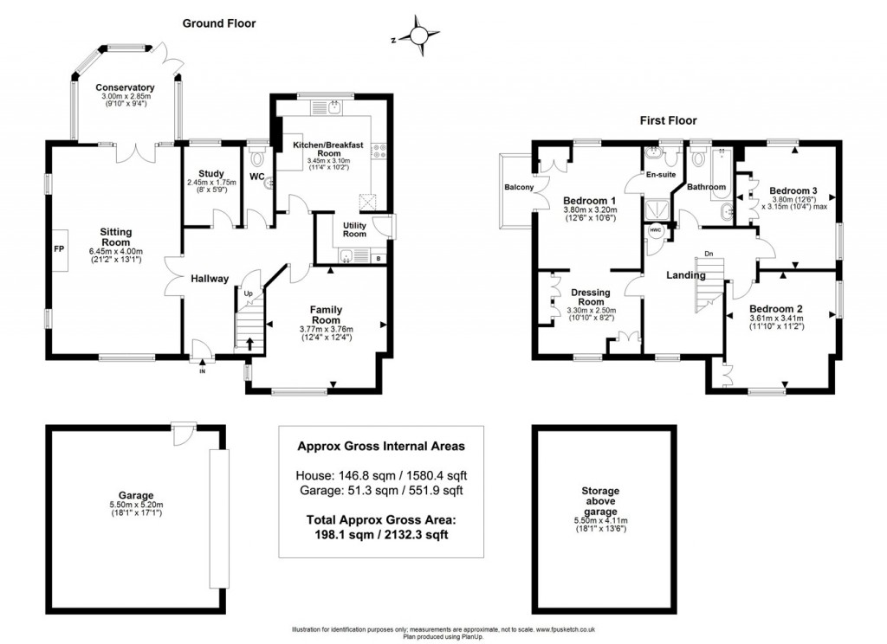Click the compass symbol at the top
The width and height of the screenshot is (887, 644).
point(418,35)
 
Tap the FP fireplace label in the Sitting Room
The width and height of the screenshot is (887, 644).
point(59,249)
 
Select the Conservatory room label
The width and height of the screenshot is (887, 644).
point(126,87)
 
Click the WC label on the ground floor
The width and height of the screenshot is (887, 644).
point(257,177)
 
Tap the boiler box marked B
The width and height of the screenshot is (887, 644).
point(379,257)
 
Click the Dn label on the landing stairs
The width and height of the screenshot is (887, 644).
point(708,254)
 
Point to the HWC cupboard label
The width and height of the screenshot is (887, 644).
point(655,230)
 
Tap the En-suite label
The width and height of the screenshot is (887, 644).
point(662,174)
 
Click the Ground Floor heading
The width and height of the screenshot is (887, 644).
point(218,23)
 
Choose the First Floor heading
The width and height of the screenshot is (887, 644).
point(668,120)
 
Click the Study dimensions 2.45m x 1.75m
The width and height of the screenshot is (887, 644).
point(211,183)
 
